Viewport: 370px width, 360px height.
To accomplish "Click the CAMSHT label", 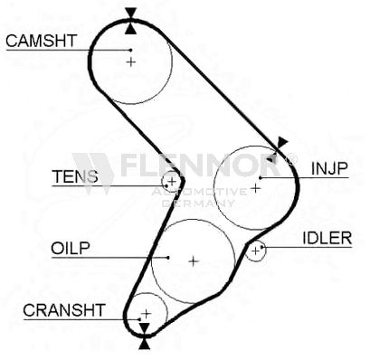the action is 42,41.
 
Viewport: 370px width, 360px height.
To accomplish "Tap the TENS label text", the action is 75,176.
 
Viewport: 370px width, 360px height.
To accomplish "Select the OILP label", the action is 71,249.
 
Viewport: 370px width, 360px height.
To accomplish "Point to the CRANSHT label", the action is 64,310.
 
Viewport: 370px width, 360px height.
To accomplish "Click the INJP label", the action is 329,168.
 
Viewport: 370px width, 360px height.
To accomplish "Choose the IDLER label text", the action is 327,239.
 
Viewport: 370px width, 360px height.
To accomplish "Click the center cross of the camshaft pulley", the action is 131,62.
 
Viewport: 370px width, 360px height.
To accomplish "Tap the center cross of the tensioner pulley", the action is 172,182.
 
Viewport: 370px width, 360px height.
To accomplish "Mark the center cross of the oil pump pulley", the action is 194,261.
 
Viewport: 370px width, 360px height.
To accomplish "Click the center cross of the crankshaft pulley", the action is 147,314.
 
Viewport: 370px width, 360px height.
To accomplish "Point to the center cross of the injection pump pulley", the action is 255,188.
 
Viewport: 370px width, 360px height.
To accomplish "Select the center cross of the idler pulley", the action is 255,251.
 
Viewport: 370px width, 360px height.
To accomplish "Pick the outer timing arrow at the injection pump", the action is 282,142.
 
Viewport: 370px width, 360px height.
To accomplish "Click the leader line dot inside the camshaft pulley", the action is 131,50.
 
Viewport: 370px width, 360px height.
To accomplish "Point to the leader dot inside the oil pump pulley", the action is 168,258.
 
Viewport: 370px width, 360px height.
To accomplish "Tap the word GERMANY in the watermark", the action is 198,203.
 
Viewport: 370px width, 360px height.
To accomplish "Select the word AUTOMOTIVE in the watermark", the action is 199,191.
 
